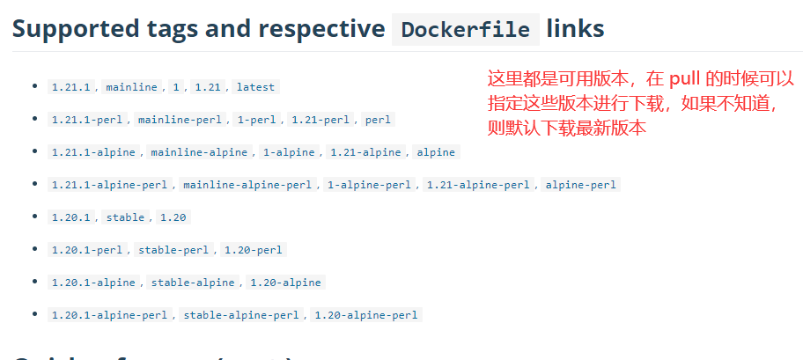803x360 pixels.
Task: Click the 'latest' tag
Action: pos(255,87)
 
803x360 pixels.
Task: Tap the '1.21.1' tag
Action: pos(71,87)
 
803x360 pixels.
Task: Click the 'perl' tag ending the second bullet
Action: pos(379,120)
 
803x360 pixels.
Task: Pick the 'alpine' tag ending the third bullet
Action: pos(436,152)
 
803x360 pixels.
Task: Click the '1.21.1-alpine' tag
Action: pos(93,152)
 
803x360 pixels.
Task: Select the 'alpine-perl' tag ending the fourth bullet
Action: pos(581,185)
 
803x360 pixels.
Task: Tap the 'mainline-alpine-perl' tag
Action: pos(247,185)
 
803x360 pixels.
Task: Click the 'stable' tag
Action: pos(125,217)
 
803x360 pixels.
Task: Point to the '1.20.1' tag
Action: pos(71,217)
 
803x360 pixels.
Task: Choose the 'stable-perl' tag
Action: pos(173,250)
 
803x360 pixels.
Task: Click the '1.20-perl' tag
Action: pos(253,250)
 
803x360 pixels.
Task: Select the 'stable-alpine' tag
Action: pos(193,283)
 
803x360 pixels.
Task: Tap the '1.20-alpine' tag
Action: pos(285,283)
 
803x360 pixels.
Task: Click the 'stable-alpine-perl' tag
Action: pos(241,315)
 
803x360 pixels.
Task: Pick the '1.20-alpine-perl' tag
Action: pos(366,315)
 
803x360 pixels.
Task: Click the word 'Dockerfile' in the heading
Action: pos(465,30)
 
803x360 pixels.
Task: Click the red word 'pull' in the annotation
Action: pos(686,78)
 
